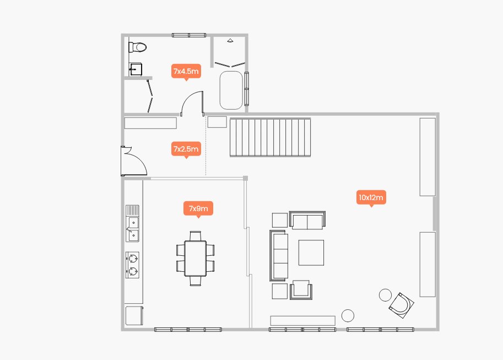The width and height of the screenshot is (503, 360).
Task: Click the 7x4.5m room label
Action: pyautogui.click(x=186, y=71)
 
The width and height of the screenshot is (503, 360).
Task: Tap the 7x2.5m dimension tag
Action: pyautogui.click(x=186, y=149)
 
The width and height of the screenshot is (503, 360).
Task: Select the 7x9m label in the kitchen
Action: pyautogui.click(x=198, y=208)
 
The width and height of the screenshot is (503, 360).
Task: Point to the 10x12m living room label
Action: pyautogui.click(x=371, y=197)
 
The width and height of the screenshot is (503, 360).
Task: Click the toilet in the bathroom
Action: pyautogui.click(x=137, y=47)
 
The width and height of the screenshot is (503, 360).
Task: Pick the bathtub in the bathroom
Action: pyautogui.click(x=231, y=90)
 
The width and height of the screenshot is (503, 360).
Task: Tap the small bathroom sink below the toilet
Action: pyautogui.click(x=136, y=69)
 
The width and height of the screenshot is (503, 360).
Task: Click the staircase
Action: pyautogui.click(x=270, y=137)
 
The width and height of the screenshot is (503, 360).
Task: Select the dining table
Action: pyautogui.click(x=195, y=258)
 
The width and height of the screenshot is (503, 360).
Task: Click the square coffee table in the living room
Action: pyautogui.click(x=311, y=252)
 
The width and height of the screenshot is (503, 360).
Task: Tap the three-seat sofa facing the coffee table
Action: pyautogui.click(x=278, y=256)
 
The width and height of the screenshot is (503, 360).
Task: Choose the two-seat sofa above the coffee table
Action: pyautogui.click(x=307, y=220)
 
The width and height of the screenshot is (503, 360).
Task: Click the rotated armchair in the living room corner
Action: pyautogui.click(x=401, y=305)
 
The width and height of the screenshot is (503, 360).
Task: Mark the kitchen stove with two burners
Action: pyautogui.click(x=132, y=265)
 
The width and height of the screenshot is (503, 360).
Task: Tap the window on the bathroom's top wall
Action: pyautogui.click(x=189, y=35)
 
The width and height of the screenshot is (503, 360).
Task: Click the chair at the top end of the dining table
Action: pyautogui.click(x=196, y=236)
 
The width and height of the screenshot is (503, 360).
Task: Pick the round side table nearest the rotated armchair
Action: pyautogui.click(x=385, y=295)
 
